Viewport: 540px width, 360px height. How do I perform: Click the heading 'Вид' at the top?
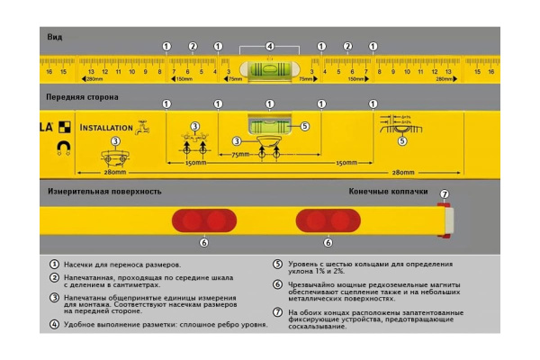pyautogui.click(x=55, y=37)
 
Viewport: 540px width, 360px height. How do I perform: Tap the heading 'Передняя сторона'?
pyautogui.click(x=82, y=96)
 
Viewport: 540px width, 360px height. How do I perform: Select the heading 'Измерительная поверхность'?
pyautogui.click(x=103, y=191)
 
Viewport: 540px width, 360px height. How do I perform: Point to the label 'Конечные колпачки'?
pyautogui.click(x=385, y=191)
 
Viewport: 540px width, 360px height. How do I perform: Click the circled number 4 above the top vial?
pyautogui.click(x=270, y=46)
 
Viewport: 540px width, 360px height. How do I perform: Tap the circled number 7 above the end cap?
pyautogui.click(x=443, y=193)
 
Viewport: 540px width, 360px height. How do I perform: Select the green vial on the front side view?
pyautogui.click(x=269, y=122)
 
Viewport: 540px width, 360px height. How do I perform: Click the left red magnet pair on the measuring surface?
pyautogui.click(x=204, y=220)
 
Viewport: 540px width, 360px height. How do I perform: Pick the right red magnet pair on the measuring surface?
pyautogui.click(x=328, y=220)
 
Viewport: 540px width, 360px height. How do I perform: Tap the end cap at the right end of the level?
pyautogui.click(x=445, y=220)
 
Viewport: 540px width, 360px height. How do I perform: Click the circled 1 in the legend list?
pyautogui.click(x=55, y=265)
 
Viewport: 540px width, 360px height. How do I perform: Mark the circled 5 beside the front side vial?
pyautogui.click(x=305, y=127)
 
